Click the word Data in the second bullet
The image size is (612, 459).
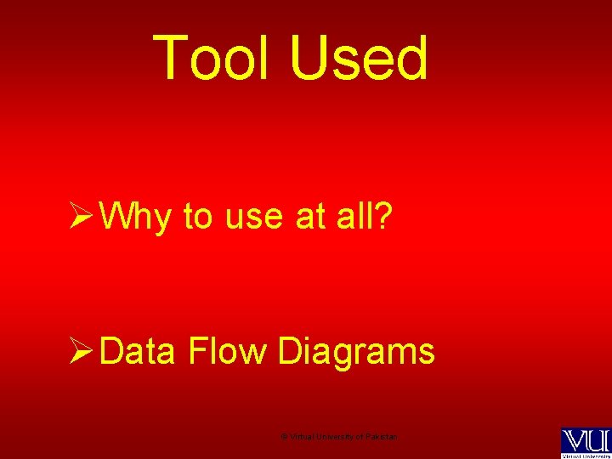click(137, 351)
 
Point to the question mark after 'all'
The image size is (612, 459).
click(382, 217)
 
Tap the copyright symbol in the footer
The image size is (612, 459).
click(284, 437)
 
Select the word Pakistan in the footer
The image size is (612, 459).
click(380, 437)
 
